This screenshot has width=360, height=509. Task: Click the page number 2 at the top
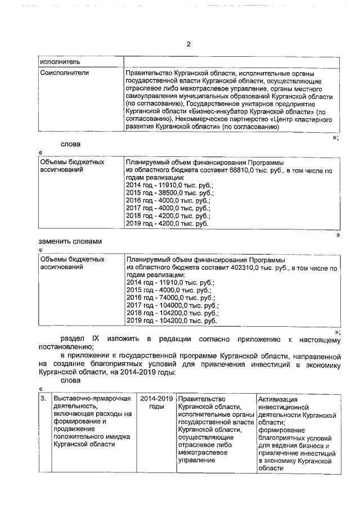click(188, 44)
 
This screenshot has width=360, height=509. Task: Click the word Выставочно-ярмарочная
click(89, 399)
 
